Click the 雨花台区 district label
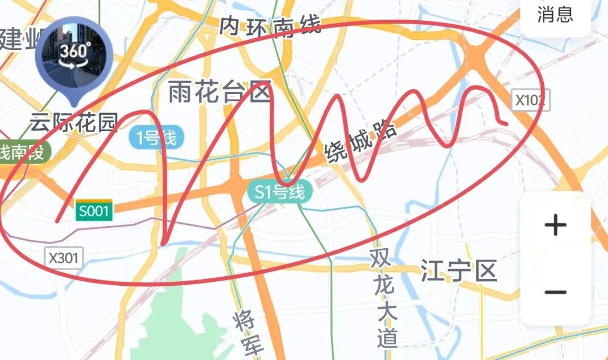220,92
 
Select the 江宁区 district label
459,272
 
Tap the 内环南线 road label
270,26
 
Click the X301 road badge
64,258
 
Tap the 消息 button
555,15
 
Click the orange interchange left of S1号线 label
235,187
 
